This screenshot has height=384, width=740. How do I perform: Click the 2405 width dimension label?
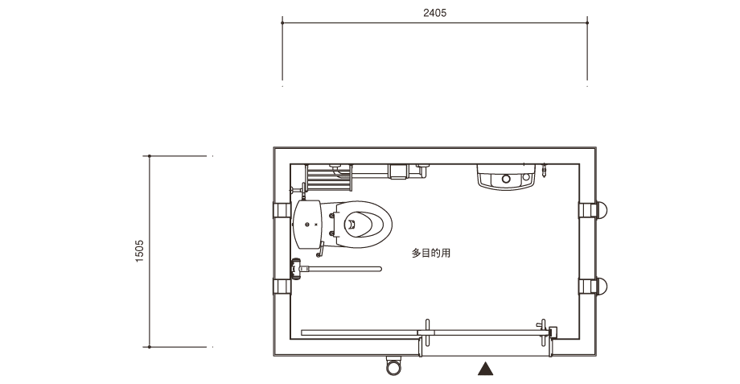tap(434, 13)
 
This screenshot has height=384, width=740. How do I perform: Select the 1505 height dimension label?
tap(139, 251)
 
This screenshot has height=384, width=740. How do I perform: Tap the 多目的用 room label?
tap(431, 253)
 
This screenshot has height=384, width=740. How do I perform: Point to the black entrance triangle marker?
tap(485, 369)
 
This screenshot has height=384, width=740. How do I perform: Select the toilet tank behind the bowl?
tap(307, 225)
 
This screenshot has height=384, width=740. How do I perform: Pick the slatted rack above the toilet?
tap(328, 178)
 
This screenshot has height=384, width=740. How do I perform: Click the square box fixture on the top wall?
tap(398, 171)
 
